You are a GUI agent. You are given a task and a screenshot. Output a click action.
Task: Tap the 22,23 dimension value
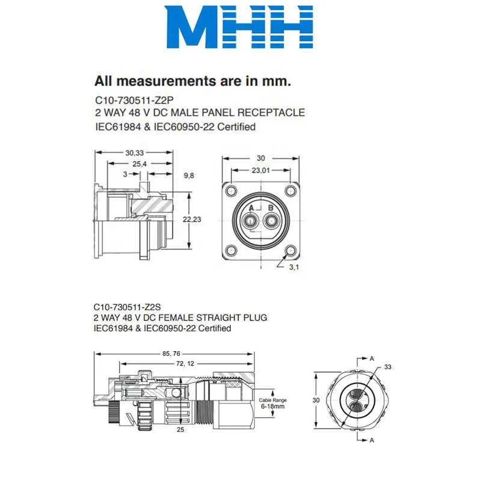pyautogui.click(x=192, y=221)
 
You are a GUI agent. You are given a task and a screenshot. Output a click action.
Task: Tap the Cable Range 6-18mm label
pyautogui.click(x=272, y=403)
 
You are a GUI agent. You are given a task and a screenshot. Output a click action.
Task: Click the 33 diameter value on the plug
pyautogui.click(x=387, y=366)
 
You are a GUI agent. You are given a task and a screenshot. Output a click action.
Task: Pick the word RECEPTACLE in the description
pyautogui.click(x=274, y=112)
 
